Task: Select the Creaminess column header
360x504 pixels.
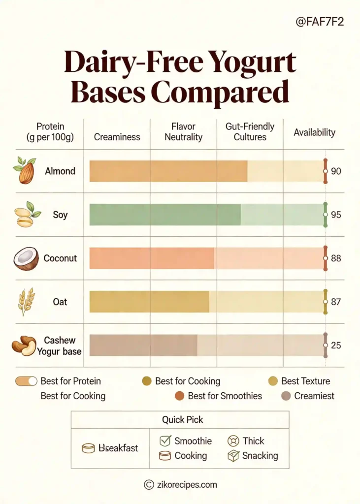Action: coord(117,137)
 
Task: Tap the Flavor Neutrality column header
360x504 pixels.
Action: coord(183,132)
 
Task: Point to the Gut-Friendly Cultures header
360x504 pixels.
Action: coord(250,132)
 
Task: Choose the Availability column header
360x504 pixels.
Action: coord(314,132)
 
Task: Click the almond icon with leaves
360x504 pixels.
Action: coord(25,170)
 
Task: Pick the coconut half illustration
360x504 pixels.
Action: coord(26,258)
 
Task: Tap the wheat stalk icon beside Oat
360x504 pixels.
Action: coord(26,301)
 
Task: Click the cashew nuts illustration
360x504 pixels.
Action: coord(24,345)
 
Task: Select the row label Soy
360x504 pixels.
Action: coord(60,215)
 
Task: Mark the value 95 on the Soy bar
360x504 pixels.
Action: coord(336,215)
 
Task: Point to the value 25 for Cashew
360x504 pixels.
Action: coord(336,346)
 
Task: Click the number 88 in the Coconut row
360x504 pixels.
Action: coord(336,258)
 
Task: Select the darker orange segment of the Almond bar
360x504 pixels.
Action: coord(168,171)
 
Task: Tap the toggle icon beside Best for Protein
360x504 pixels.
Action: coord(27,381)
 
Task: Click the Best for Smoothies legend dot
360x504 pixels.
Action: coord(180,396)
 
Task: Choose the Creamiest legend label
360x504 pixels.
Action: coord(314,396)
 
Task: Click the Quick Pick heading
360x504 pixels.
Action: coord(183,420)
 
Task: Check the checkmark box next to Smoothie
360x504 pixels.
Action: coord(165,441)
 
